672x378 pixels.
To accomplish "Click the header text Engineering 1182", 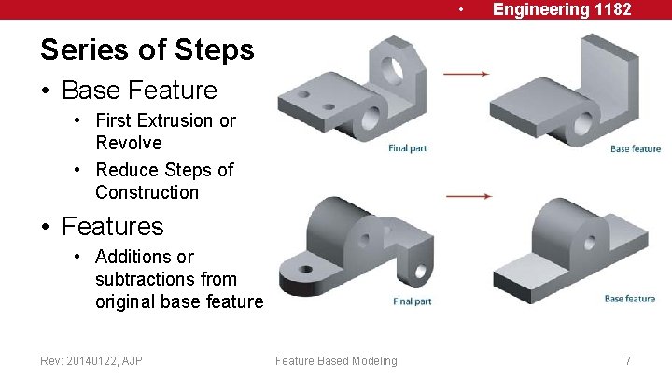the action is pyautogui.click(x=562, y=9).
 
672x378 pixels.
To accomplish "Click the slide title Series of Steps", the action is pyautogui.click(x=147, y=50).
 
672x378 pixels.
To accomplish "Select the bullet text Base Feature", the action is pyautogui.click(x=140, y=90).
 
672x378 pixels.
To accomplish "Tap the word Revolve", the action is pyautogui.click(x=129, y=143).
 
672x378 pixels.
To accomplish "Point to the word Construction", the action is pyautogui.click(x=147, y=192).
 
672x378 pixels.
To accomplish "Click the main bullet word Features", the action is pyautogui.click(x=113, y=226).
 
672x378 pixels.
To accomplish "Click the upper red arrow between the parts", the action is pyautogui.click(x=466, y=74).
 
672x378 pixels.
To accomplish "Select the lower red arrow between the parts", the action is pyautogui.click(x=469, y=196).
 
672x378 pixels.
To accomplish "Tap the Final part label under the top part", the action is pyautogui.click(x=407, y=148).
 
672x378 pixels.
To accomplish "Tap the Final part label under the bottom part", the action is pyautogui.click(x=413, y=301).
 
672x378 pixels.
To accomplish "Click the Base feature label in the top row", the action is pyautogui.click(x=636, y=148).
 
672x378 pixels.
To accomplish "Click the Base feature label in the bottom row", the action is pyautogui.click(x=630, y=299).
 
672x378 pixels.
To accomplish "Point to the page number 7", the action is pyautogui.click(x=628, y=361).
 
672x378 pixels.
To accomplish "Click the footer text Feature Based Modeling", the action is pyautogui.click(x=336, y=361).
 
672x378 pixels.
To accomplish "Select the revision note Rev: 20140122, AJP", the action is pyautogui.click(x=91, y=361).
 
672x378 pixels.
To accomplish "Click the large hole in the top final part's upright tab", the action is pyautogui.click(x=392, y=70).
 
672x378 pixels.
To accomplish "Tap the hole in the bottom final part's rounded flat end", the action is pyautogui.click(x=306, y=270).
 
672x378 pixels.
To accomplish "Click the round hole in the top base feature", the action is pyautogui.click(x=583, y=124).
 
